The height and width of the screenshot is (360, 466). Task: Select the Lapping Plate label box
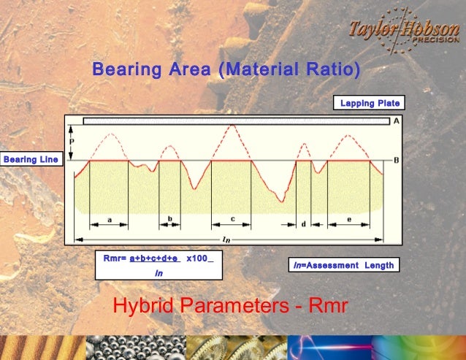point(369,103)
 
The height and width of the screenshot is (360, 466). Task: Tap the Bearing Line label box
point(31,159)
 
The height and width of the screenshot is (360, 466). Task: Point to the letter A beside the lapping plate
point(396,121)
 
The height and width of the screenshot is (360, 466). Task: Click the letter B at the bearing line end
point(396,160)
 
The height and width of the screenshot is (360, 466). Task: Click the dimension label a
point(109,218)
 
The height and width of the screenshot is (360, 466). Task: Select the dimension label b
point(169,218)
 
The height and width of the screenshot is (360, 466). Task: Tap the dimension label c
point(232,218)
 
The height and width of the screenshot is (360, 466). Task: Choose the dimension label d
point(303,224)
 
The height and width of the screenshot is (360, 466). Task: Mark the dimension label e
point(348,218)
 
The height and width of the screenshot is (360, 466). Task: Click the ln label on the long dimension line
point(226,239)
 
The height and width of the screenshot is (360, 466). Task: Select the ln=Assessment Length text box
point(343,265)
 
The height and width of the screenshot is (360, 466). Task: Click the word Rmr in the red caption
point(326,307)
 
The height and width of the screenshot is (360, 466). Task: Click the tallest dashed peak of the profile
point(232,126)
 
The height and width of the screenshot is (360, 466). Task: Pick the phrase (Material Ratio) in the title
point(294,70)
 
